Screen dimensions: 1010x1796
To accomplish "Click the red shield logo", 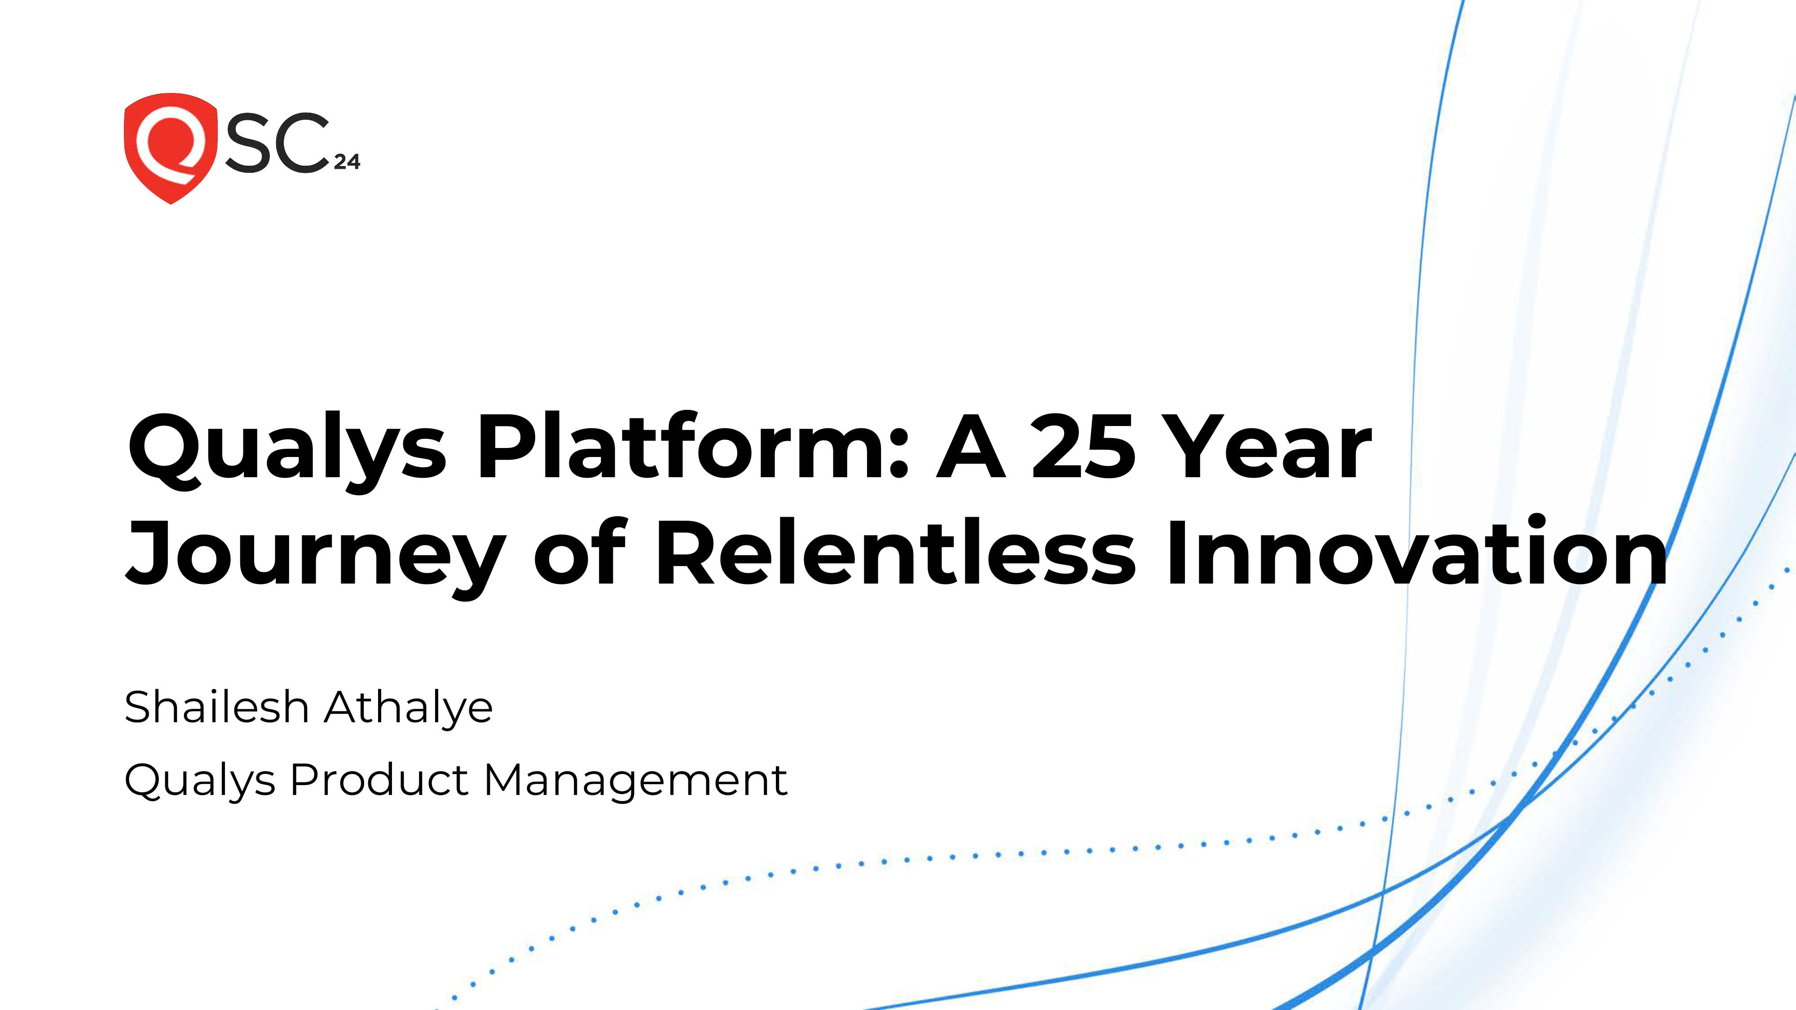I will pos(170,148).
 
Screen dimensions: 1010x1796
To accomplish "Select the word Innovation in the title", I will pos(1415,551).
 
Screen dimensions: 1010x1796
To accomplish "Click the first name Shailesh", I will pos(216,707).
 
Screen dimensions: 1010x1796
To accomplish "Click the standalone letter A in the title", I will pos(970,447).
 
